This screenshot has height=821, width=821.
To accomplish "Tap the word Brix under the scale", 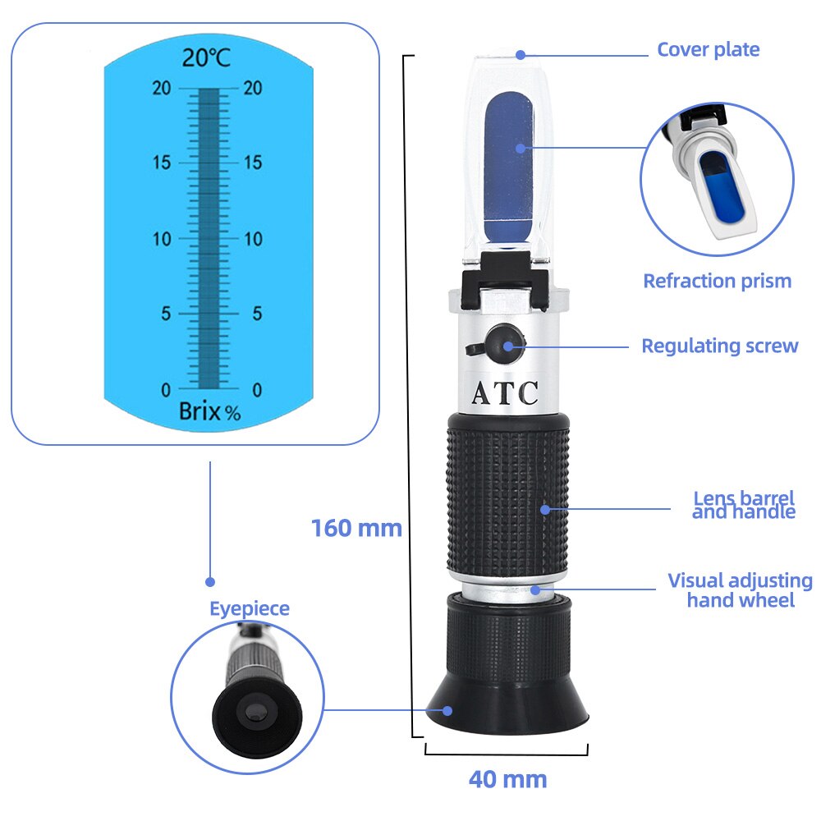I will (200, 411).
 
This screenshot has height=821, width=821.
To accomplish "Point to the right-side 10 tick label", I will (253, 239).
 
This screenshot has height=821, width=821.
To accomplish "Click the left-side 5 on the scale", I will (167, 314).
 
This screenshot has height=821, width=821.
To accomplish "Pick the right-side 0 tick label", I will (257, 389).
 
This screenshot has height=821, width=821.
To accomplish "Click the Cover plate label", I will (708, 50).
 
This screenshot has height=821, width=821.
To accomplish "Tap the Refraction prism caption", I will (717, 281).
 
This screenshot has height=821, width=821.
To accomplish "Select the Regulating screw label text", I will (719, 346).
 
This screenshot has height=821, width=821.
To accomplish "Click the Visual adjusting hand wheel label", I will (740, 590).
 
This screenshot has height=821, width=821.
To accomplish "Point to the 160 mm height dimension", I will (356, 528).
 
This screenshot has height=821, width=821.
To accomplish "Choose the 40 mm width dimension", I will (507, 778).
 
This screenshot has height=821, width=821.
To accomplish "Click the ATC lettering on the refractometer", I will (505, 393).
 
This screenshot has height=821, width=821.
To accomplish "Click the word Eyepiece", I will (249, 608).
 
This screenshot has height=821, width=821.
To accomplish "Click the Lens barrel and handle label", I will (744, 505).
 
